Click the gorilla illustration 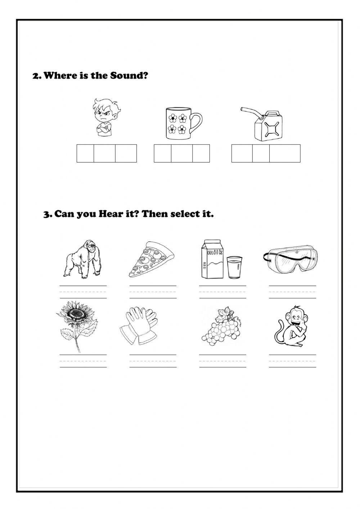[x=82, y=259]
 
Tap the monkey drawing [x=291, y=326]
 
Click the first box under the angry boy [x=85, y=153]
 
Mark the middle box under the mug [x=181, y=153]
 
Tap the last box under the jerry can [x=285, y=153]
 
